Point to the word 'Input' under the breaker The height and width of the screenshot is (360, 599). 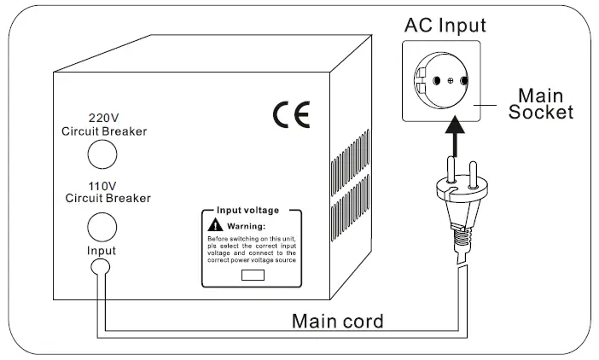click(x=101, y=251)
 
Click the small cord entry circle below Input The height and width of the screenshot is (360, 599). click(x=102, y=268)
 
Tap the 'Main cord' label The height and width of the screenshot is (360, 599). click(x=338, y=322)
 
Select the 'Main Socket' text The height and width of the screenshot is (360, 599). click(x=542, y=104)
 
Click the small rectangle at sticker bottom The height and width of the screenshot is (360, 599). click(x=251, y=275)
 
